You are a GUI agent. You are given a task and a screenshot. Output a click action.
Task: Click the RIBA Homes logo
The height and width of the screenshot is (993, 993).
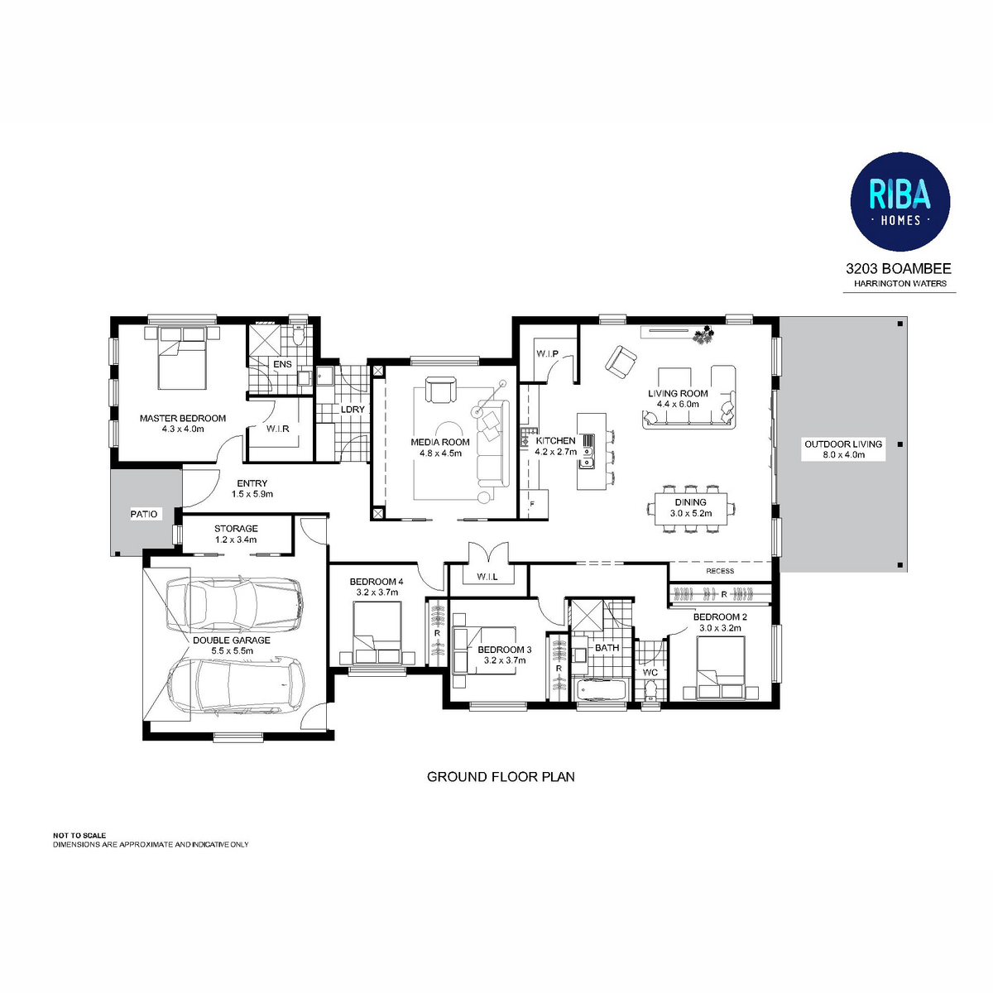click(x=899, y=201)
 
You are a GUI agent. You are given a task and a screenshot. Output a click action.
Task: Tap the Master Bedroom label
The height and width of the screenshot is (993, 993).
click(x=182, y=419)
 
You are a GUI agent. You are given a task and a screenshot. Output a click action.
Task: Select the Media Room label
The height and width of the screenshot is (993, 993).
click(x=439, y=442)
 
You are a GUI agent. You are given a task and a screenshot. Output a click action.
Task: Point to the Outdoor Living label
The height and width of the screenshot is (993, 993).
click(x=842, y=444)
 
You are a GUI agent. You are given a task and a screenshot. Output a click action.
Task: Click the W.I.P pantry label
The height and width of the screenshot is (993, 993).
click(x=547, y=354)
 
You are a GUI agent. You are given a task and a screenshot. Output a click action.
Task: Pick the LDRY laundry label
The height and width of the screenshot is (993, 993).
click(x=353, y=410)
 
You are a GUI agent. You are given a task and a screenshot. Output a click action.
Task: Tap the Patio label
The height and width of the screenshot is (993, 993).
click(x=144, y=514)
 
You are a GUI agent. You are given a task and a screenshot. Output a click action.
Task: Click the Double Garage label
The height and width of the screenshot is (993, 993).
click(x=232, y=640)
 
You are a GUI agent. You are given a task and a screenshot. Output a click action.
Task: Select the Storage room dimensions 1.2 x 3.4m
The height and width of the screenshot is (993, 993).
click(x=236, y=540)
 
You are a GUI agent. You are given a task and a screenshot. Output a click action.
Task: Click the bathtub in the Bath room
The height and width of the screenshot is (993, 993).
click(x=601, y=689)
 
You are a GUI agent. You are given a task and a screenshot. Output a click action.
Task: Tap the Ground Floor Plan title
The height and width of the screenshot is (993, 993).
click(x=501, y=776)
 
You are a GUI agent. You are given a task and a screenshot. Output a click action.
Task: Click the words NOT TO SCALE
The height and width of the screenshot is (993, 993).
click(x=79, y=835)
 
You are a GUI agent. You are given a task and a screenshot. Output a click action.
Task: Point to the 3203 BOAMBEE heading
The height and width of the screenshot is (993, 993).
click(x=898, y=268)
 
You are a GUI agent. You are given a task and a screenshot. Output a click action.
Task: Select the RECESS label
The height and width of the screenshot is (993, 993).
click(x=720, y=571)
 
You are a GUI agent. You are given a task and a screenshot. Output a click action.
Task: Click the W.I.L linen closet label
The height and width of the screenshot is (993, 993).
click(x=487, y=577)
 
